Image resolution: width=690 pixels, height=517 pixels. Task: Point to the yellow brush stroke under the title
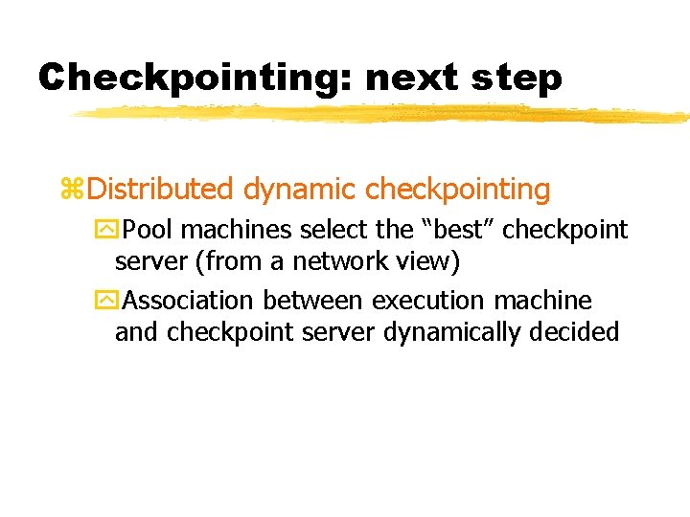(x=383, y=115)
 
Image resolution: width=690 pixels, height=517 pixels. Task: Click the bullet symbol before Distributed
(x=72, y=190)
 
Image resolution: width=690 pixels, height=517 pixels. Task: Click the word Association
(x=188, y=301)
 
